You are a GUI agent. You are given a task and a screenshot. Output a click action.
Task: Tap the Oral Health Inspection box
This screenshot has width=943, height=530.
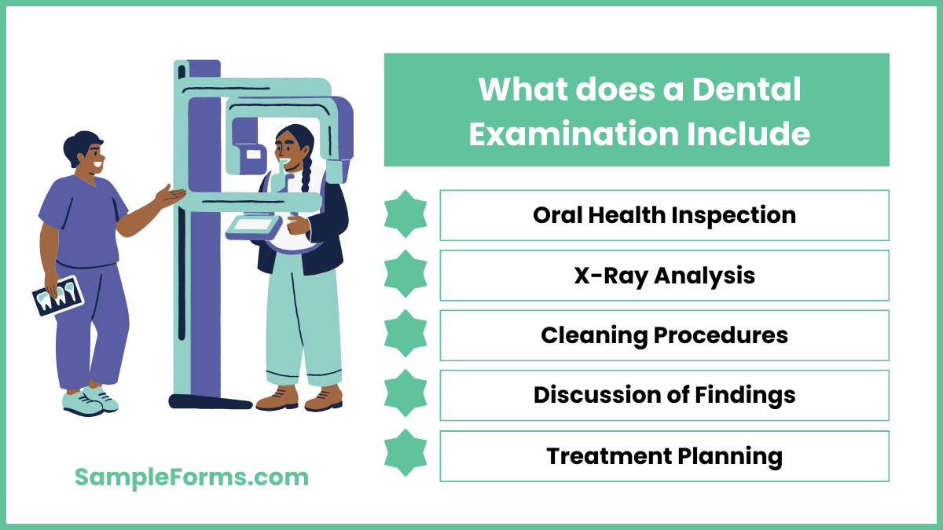point(664,215)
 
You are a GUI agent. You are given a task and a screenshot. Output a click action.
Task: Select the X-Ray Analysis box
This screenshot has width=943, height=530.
point(664,276)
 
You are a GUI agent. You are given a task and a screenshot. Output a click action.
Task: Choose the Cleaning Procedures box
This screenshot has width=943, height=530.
point(664,335)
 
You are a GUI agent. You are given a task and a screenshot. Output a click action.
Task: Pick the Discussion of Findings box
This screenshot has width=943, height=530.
point(664,395)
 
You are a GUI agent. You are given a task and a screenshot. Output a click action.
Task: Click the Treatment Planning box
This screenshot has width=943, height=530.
point(664,455)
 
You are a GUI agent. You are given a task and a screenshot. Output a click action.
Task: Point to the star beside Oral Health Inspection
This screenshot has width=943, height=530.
point(405,214)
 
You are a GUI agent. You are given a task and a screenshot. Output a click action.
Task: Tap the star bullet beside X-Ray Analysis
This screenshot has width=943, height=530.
point(405,275)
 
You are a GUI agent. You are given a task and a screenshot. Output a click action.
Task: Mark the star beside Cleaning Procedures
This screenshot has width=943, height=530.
point(405,334)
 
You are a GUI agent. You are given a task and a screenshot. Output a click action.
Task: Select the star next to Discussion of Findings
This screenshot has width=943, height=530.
point(405,394)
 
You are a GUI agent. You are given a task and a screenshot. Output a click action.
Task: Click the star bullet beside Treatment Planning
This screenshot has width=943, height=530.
point(405,455)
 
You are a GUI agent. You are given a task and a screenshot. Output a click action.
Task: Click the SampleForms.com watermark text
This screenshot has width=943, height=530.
point(192,477)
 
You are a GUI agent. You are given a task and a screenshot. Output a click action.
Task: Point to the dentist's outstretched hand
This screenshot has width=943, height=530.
point(171,195)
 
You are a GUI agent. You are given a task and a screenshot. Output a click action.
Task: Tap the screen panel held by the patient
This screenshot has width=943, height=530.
point(253,225)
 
